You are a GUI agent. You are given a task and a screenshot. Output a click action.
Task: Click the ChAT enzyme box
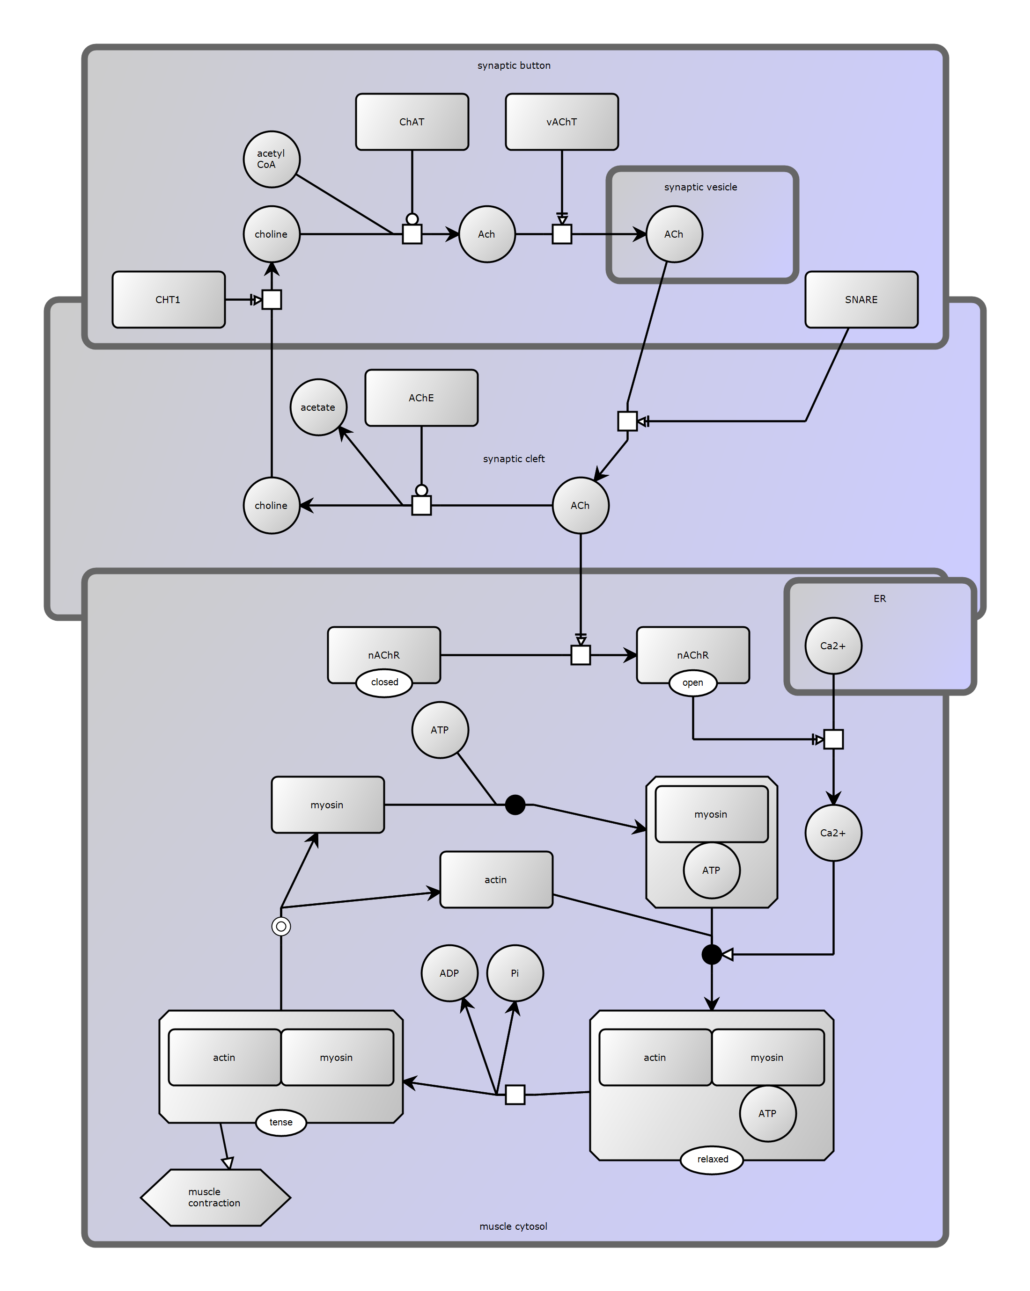(x=412, y=122)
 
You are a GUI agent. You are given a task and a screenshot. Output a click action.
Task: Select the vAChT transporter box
(x=561, y=122)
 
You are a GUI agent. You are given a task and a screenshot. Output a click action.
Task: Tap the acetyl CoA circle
(x=272, y=160)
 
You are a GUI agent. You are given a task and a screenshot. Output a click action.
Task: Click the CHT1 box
(x=169, y=299)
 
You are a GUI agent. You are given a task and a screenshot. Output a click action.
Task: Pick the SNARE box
(x=861, y=299)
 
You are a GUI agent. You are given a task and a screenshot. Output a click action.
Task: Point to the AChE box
(x=421, y=398)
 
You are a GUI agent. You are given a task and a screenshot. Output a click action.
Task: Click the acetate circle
(x=318, y=407)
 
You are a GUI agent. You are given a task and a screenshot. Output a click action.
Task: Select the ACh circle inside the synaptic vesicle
(x=674, y=234)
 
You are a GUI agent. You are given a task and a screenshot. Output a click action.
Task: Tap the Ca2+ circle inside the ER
(x=833, y=645)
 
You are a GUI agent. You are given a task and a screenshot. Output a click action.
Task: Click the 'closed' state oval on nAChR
(x=384, y=682)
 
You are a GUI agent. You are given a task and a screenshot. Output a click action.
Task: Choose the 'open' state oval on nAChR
(x=692, y=682)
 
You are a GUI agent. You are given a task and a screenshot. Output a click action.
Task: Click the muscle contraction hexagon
(x=215, y=1197)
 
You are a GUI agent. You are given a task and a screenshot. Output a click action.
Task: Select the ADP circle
(x=449, y=973)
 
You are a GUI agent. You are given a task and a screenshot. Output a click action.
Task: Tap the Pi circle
(x=515, y=973)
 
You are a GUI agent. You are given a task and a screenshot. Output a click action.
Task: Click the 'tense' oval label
(x=281, y=1122)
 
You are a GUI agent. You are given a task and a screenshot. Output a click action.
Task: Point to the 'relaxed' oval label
(x=712, y=1159)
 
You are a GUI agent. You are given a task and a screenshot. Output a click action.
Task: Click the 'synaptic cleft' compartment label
(x=514, y=459)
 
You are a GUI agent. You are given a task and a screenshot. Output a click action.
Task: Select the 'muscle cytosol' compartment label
(x=513, y=1226)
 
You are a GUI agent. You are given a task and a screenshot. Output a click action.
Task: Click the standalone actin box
(x=496, y=880)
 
